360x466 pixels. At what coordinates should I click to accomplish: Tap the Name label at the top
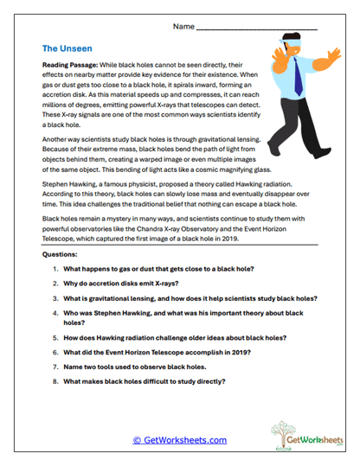click(x=183, y=27)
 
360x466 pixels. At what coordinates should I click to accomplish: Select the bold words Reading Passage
click(x=72, y=66)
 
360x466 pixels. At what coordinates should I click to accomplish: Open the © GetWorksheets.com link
click(x=180, y=440)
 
